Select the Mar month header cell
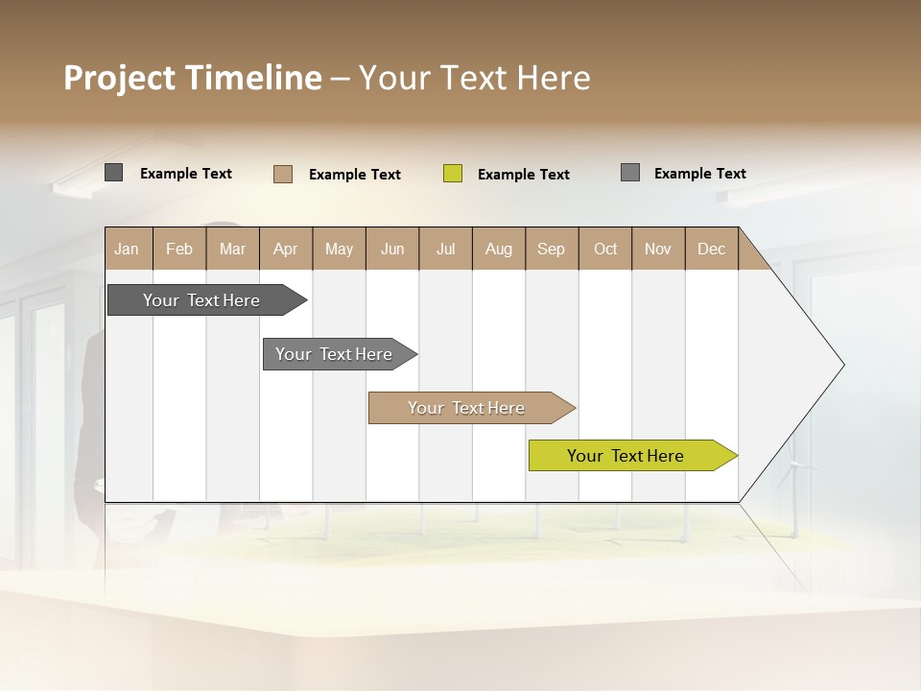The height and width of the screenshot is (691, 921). [x=232, y=249]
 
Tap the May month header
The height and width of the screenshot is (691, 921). [x=339, y=249]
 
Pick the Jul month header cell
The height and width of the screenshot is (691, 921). [x=445, y=249]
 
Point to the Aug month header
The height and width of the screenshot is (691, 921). [x=498, y=249]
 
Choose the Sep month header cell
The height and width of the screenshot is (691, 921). [x=552, y=249]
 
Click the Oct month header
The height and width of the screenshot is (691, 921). [x=605, y=249]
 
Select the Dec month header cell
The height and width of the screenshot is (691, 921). [x=711, y=249]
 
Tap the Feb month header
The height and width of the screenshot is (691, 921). [x=179, y=249]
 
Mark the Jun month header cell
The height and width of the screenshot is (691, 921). [x=392, y=249]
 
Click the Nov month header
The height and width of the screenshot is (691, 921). [x=658, y=249]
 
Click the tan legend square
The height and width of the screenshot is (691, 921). [x=283, y=174]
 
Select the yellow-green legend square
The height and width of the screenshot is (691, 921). [x=453, y=174]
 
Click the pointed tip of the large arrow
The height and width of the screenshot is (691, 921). [x=841, y=365]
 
